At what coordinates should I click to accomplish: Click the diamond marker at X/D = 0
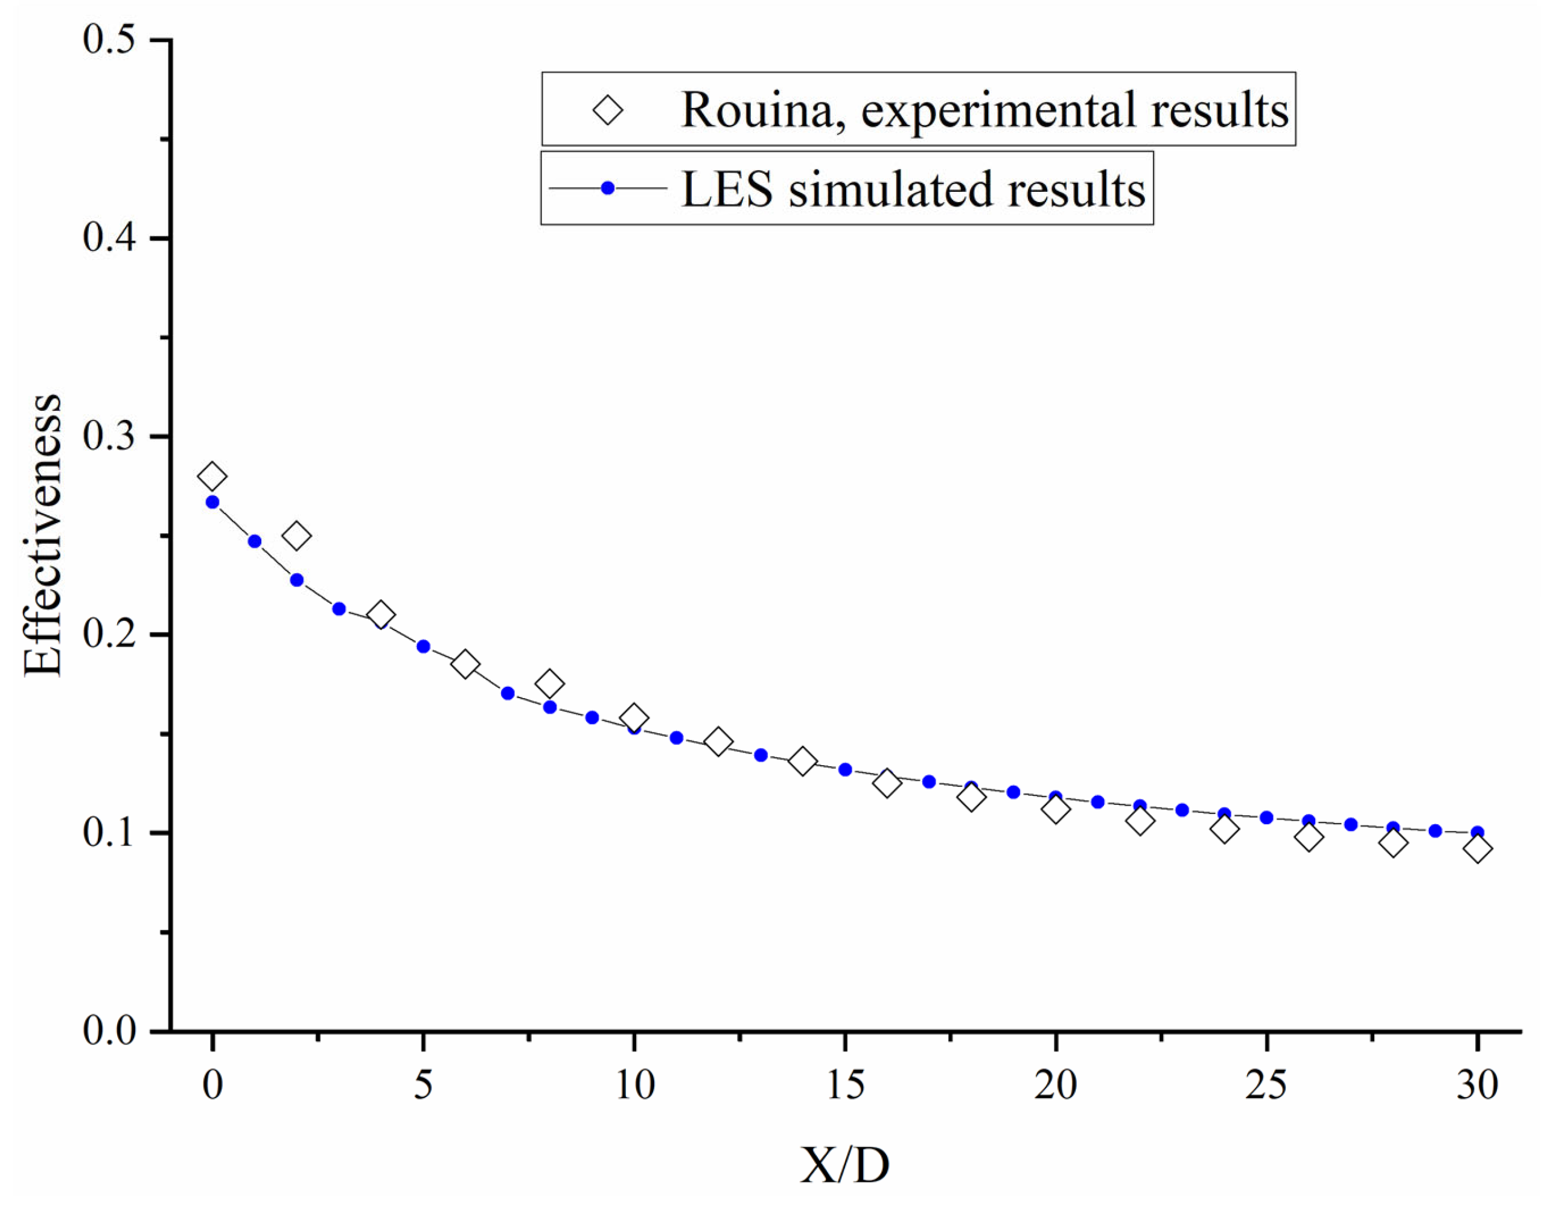coord(212,477)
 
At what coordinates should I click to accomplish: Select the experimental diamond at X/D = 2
coord(296,536)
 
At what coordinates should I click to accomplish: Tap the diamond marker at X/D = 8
coord(550,684)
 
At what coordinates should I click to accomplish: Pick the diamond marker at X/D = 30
coord(1478,850)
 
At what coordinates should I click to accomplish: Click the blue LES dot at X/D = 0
coord(212,502)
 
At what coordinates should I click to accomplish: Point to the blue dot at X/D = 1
coord(255,542)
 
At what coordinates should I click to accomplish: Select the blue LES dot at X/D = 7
coord(507,693)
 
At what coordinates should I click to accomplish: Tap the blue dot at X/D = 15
coord(845,770)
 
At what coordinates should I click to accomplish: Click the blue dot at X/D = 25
coord(1266,818)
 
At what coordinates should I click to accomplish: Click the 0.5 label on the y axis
coord(109,39)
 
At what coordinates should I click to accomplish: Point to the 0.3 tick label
coord(109,437)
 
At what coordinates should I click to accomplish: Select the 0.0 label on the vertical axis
coord(109,1031)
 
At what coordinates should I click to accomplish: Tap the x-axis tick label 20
coord(1056,1086)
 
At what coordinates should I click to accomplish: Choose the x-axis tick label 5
coord(423,1086)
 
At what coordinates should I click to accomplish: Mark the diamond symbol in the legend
coord(607,111)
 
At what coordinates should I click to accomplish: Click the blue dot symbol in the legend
coord(607,188)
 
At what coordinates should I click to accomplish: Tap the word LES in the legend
coord(727,190)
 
